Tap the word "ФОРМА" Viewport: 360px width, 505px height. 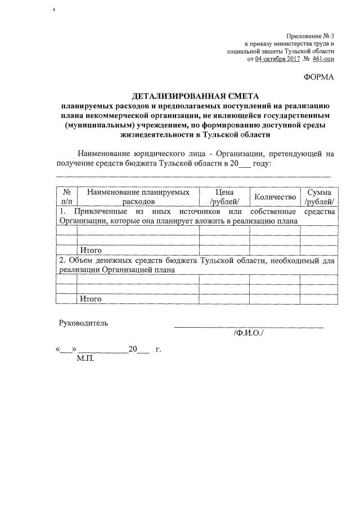[318, 77]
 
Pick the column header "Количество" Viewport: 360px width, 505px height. [275, 196]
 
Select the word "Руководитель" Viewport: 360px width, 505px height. [84, 323]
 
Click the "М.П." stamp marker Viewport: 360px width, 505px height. [85, 358]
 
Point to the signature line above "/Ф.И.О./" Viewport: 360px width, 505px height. [248, 327]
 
